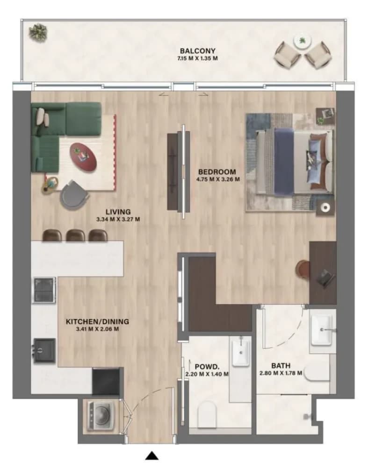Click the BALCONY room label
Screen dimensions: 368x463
coord(197,51)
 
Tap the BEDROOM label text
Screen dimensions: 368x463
coord(217,171)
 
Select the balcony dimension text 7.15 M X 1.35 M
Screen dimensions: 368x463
coord(197,58)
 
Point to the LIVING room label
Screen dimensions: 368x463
coord(118,212)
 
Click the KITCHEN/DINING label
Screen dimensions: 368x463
coord(97,321)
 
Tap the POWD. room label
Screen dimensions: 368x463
coord(207,367)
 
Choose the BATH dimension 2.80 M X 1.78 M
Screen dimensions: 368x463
coord(281,373)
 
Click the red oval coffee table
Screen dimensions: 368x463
coord(83,157)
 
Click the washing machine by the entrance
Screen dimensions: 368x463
coord(101,416)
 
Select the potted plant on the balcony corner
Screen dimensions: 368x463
coord(38,33)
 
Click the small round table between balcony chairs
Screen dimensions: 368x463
coord(303,41)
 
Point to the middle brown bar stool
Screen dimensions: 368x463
coord(75,235)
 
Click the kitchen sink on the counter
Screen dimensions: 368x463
coord(44,351)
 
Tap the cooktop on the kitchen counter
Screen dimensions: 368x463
coord(44,290)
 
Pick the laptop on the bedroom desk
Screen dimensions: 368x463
coord(325,278)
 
